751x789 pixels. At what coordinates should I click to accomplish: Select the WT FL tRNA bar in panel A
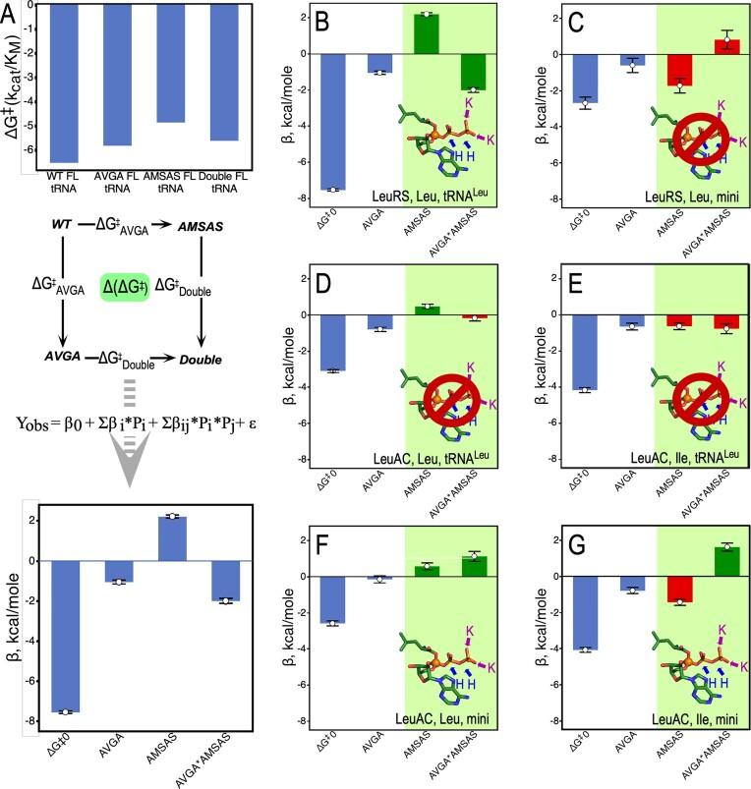pyautogui.click(x=63, y=85)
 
